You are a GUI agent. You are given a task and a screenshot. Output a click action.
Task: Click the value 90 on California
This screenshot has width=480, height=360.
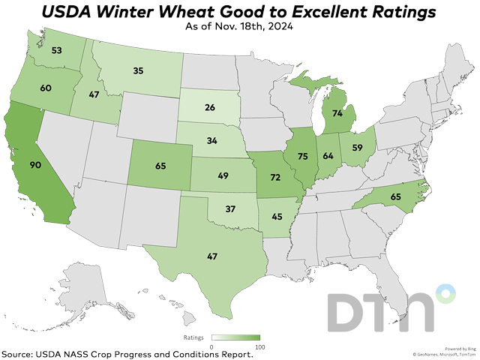(x=35, y=164)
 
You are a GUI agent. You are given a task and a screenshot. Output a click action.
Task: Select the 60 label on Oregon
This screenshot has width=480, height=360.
(x=45, y=88)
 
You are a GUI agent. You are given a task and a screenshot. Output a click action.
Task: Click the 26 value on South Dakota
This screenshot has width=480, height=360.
(x=211, y=108)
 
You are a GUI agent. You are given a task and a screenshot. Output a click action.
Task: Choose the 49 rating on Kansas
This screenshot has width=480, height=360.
(x=223, y=175)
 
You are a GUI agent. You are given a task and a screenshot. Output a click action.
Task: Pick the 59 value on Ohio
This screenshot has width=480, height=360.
(x=358, y=148)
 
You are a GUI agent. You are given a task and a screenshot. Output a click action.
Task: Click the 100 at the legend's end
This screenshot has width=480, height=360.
(x=259, y=347)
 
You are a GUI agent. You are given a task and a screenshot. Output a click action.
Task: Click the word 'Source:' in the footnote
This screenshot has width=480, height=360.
(x=21, y=353)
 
